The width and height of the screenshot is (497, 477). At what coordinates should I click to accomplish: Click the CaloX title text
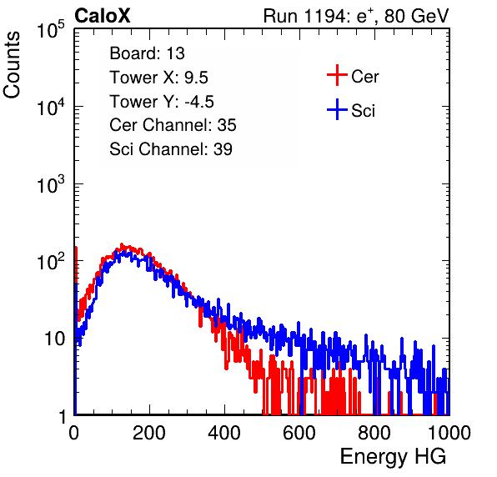pos(103,16)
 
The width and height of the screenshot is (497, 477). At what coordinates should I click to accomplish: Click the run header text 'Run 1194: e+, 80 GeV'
pos(356,16)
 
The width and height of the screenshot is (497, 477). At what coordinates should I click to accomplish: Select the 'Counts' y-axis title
pos(12,65)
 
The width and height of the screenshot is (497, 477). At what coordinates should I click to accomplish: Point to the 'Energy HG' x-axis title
pos(393,457)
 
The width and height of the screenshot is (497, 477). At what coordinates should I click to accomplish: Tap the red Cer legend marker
pos(337,75)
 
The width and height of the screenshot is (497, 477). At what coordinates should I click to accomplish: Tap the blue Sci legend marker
pos(337,109)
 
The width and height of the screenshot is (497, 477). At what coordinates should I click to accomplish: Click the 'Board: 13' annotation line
pos(147,53)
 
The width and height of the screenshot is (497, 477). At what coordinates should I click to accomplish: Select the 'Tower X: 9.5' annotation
pos(158,78)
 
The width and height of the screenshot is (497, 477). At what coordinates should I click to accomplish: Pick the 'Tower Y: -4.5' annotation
pos(162,102)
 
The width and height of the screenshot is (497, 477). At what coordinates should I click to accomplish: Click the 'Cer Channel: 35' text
pos(173,125)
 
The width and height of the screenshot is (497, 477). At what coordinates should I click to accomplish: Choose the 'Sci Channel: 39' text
pos(171,149)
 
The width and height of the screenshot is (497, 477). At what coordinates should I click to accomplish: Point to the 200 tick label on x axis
pos(149,433)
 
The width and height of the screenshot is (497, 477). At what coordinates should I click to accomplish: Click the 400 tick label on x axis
pos(224,433)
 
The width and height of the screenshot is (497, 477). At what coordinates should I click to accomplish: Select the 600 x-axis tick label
pos(299,433)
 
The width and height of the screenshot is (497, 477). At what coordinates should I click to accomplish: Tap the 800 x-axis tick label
pos(374,433)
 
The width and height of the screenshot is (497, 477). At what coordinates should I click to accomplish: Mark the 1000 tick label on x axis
pos(449,433)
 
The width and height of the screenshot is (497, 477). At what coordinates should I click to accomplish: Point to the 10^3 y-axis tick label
pos(51,184)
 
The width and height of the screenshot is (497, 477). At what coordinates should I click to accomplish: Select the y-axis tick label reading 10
pos(55,339)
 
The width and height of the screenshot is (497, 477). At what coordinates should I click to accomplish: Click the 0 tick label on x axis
pos(74,433)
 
